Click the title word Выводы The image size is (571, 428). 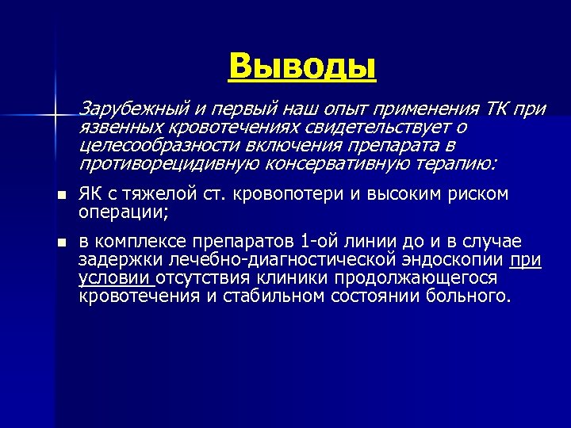(x=301, y=66)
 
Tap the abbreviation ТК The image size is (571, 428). (x=495, y=108)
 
